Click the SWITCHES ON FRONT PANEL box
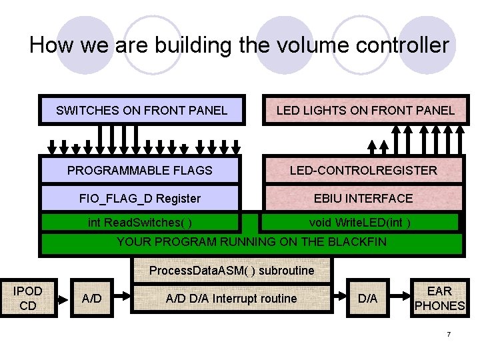click(x=141, y=110)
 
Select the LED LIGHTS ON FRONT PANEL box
click(x=365, y=110)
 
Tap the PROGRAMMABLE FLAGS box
click(x=140, y=170)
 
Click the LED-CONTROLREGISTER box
click(x=363, y=170)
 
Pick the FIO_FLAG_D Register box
click(x=140, y=198)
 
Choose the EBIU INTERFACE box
click(x=363, y=198)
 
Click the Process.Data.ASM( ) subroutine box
click(x=231, y=271)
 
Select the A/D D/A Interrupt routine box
click(x=231, y=299)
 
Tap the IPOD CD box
click(x=28, y=299)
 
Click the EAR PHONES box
click(x=439, y=299)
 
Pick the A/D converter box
click(x=91, y=299)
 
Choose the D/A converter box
click(x=367, y=299)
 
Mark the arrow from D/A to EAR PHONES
click(x=399, y=299)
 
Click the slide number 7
click(x=449, y=333)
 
